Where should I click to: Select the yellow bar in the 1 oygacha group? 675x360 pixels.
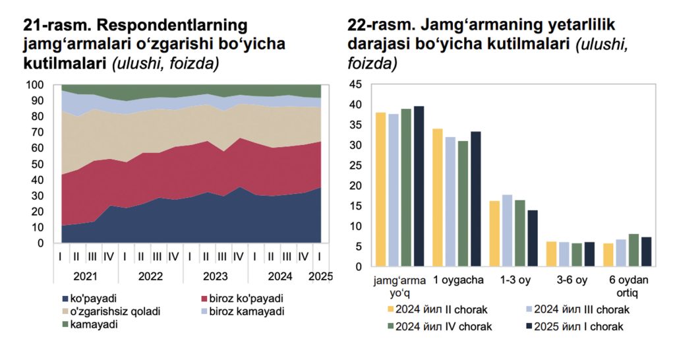[x=438, y=198]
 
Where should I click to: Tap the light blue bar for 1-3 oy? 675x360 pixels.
[x=507, y=231]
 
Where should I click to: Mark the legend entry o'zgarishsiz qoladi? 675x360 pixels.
[x=111, y=311]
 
